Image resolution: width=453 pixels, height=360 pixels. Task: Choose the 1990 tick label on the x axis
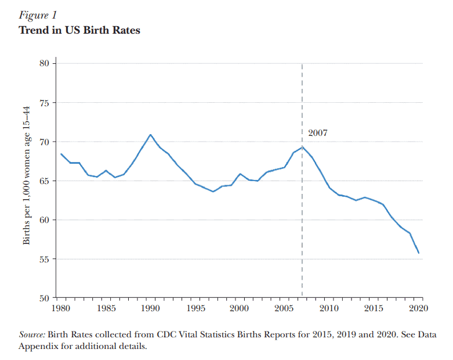tap(150, 308)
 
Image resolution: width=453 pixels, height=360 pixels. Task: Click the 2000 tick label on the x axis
tap(240, 308)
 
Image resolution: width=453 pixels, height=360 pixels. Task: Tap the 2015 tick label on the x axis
tap(374, 308)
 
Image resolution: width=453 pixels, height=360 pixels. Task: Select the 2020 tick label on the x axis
tap(419, 308)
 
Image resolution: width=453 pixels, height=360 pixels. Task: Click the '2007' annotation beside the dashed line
tap(317, 133)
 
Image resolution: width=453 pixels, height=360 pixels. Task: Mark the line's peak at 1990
tap(150, 135)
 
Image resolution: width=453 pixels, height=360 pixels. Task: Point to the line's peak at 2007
tap(302, 146)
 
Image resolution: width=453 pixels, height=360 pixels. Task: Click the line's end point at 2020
tap(419, 253)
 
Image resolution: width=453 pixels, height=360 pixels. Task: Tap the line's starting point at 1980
tap(60, 154)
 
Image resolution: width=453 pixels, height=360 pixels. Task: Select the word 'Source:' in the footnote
tap(32, 334)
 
